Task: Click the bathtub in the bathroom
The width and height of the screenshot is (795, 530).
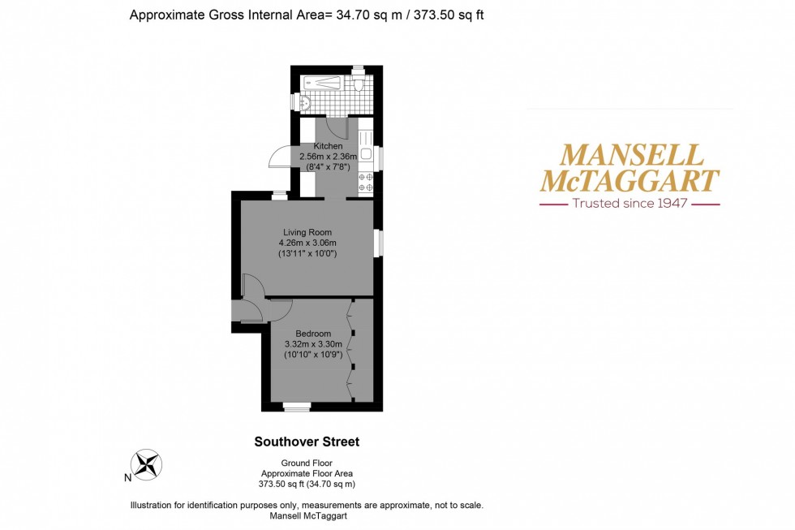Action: pos(324,82)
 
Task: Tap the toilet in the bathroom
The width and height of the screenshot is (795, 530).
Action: pos(358,83)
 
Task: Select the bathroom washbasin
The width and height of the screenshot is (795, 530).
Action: pos(306,103)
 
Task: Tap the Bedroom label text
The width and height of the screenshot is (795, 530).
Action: pos(313,334)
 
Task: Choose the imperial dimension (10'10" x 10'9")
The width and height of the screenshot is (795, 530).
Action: pos(313,355)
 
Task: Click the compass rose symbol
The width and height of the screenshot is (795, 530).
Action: pos(148,464)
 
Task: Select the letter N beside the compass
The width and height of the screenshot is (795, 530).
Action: pos(127,478)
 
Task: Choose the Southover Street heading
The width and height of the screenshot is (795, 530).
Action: pos(307,442)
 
